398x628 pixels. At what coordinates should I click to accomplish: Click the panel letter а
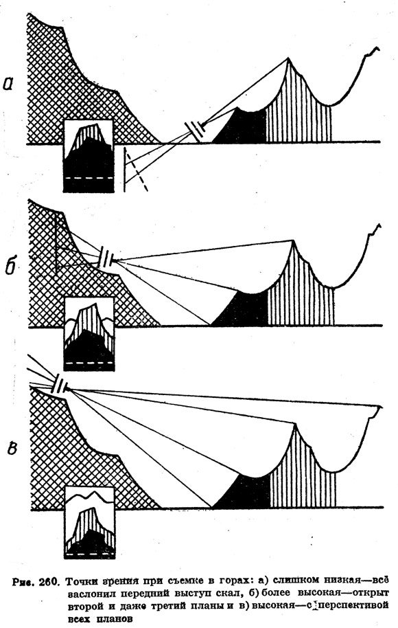click(9, 83)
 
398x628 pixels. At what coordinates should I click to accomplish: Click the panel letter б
click(11, 265)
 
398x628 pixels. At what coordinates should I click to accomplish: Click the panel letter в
click(11, 448)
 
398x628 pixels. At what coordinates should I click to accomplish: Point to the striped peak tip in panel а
click(288, 58)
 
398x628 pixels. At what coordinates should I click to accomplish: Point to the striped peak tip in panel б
click(294, 240)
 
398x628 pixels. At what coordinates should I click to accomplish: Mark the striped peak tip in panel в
click(295, 423)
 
